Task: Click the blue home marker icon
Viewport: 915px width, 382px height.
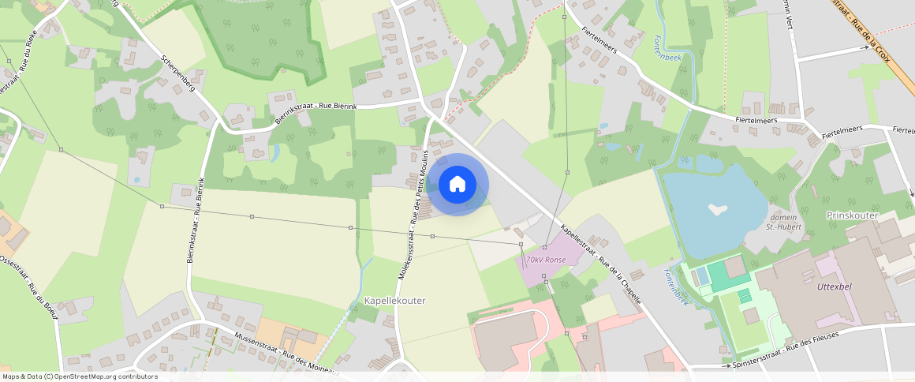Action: click(x=458, y=185)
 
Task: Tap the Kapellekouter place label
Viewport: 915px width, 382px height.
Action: click(x=395, y=301)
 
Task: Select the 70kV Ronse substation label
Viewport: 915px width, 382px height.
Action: click(x=544, y=260)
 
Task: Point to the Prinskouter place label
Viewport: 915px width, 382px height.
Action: click(x=852, y=215)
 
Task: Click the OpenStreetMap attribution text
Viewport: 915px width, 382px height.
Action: click(x=80, y=376)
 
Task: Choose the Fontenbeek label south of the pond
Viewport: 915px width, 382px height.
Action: click(x=677, y=286)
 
